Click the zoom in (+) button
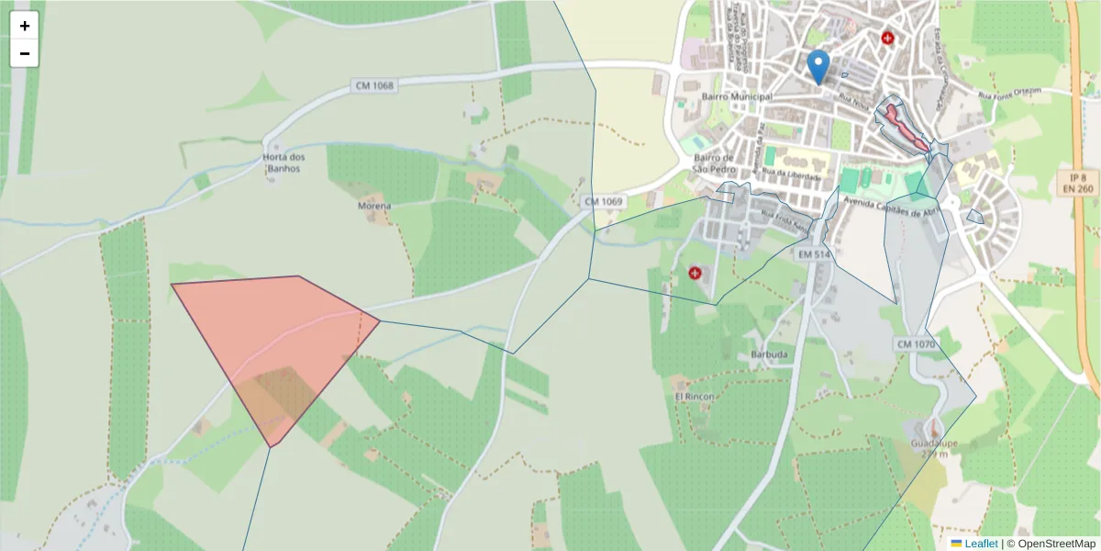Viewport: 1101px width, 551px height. coord(25,26)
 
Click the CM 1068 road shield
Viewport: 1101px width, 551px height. coord(373,85)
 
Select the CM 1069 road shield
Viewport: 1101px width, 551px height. coord(603,201)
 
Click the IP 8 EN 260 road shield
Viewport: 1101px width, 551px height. coord(1077,183)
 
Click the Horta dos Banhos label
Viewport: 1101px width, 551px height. coord(283,162)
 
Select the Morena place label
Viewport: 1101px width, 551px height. coord(374,206)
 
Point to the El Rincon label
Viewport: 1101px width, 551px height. coord(694,396)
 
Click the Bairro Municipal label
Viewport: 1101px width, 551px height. coord(736,96)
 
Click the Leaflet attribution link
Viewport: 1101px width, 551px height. coord(980,544)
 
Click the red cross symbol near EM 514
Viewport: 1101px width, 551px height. coord(695,273)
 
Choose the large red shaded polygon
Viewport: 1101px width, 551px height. coord(275,340)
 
